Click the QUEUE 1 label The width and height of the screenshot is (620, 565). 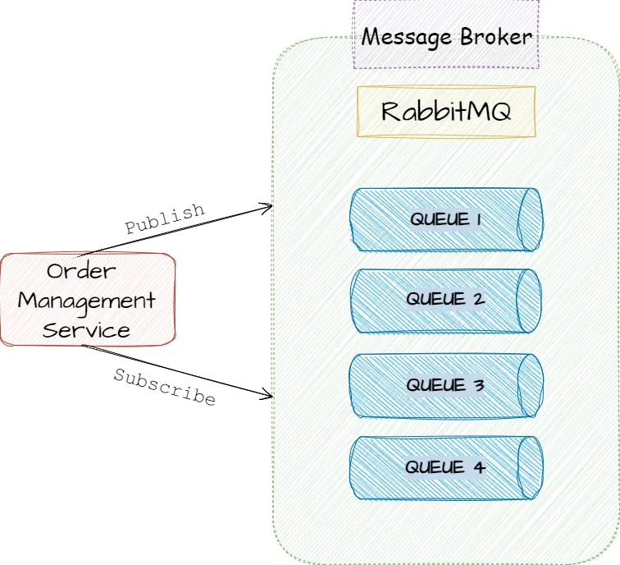[x=445, y=219]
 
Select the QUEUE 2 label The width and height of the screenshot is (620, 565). [x=445, y=299]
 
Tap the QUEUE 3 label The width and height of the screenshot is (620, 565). [x=445, y=385]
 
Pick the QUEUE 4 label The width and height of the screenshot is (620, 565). [x=445, y=467]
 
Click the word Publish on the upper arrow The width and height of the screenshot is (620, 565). [x=165, y=218]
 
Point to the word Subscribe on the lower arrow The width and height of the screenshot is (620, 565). [x=165, y=387]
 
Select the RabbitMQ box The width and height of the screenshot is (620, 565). [x=446, y=112]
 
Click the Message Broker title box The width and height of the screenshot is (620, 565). [x=446, y=34]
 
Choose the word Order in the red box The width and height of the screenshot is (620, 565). [x=81, y=271]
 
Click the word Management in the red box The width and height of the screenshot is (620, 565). [x=87, y=301]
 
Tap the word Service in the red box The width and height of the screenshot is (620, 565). [x=86, y=330]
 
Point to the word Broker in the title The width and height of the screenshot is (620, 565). [x=496, y=37]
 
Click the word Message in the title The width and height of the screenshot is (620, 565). [x=407, y=39]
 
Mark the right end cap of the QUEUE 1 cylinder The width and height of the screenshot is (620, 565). [x=531, y=219]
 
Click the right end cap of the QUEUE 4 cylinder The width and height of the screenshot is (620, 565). [x=531, y=467]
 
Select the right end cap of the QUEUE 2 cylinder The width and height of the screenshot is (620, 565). [x=529, y=301]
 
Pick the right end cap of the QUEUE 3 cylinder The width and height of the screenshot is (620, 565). [x=531, y=385]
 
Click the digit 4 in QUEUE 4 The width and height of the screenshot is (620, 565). [x=479, y=467]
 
